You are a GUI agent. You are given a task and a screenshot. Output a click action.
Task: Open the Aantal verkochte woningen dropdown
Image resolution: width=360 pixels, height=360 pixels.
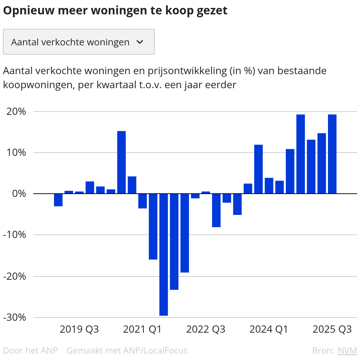tap(78, 42)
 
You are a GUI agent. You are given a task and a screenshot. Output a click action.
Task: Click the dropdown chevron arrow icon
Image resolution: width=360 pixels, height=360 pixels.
tap(140, 42)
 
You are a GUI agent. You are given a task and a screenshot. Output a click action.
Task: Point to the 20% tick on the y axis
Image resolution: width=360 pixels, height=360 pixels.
tap(17, 112)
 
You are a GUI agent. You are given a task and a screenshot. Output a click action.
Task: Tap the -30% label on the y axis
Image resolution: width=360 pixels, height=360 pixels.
tap(15, 318)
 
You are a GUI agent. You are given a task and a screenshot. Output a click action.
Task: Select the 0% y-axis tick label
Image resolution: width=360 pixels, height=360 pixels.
tap(20, 194)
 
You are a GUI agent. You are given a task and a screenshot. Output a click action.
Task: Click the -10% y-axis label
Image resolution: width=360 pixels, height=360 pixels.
tap(15, 235)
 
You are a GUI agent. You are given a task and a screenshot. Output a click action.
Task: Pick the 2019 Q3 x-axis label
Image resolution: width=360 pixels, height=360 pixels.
tap(79, 329)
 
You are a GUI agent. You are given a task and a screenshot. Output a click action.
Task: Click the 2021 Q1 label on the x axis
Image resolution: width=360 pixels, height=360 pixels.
tap(143, 329)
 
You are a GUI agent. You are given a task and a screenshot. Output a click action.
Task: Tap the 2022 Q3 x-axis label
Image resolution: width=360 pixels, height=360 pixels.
tap(206, 329)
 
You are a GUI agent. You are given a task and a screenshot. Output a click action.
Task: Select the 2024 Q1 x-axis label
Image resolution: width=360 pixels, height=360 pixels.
tap(269, 329)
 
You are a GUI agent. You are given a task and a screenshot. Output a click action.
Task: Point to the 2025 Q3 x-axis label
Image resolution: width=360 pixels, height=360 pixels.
tap(332, 329)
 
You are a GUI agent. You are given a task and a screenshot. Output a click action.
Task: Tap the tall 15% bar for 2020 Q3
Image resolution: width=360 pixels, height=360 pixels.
tap(121, 162)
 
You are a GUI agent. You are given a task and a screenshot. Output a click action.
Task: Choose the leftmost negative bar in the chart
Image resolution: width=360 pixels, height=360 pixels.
tap(58, 200)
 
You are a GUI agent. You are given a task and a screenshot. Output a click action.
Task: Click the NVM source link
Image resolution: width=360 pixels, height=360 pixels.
tap(347, 350)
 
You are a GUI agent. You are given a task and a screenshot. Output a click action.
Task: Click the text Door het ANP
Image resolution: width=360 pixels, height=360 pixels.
tap(30, 350)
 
